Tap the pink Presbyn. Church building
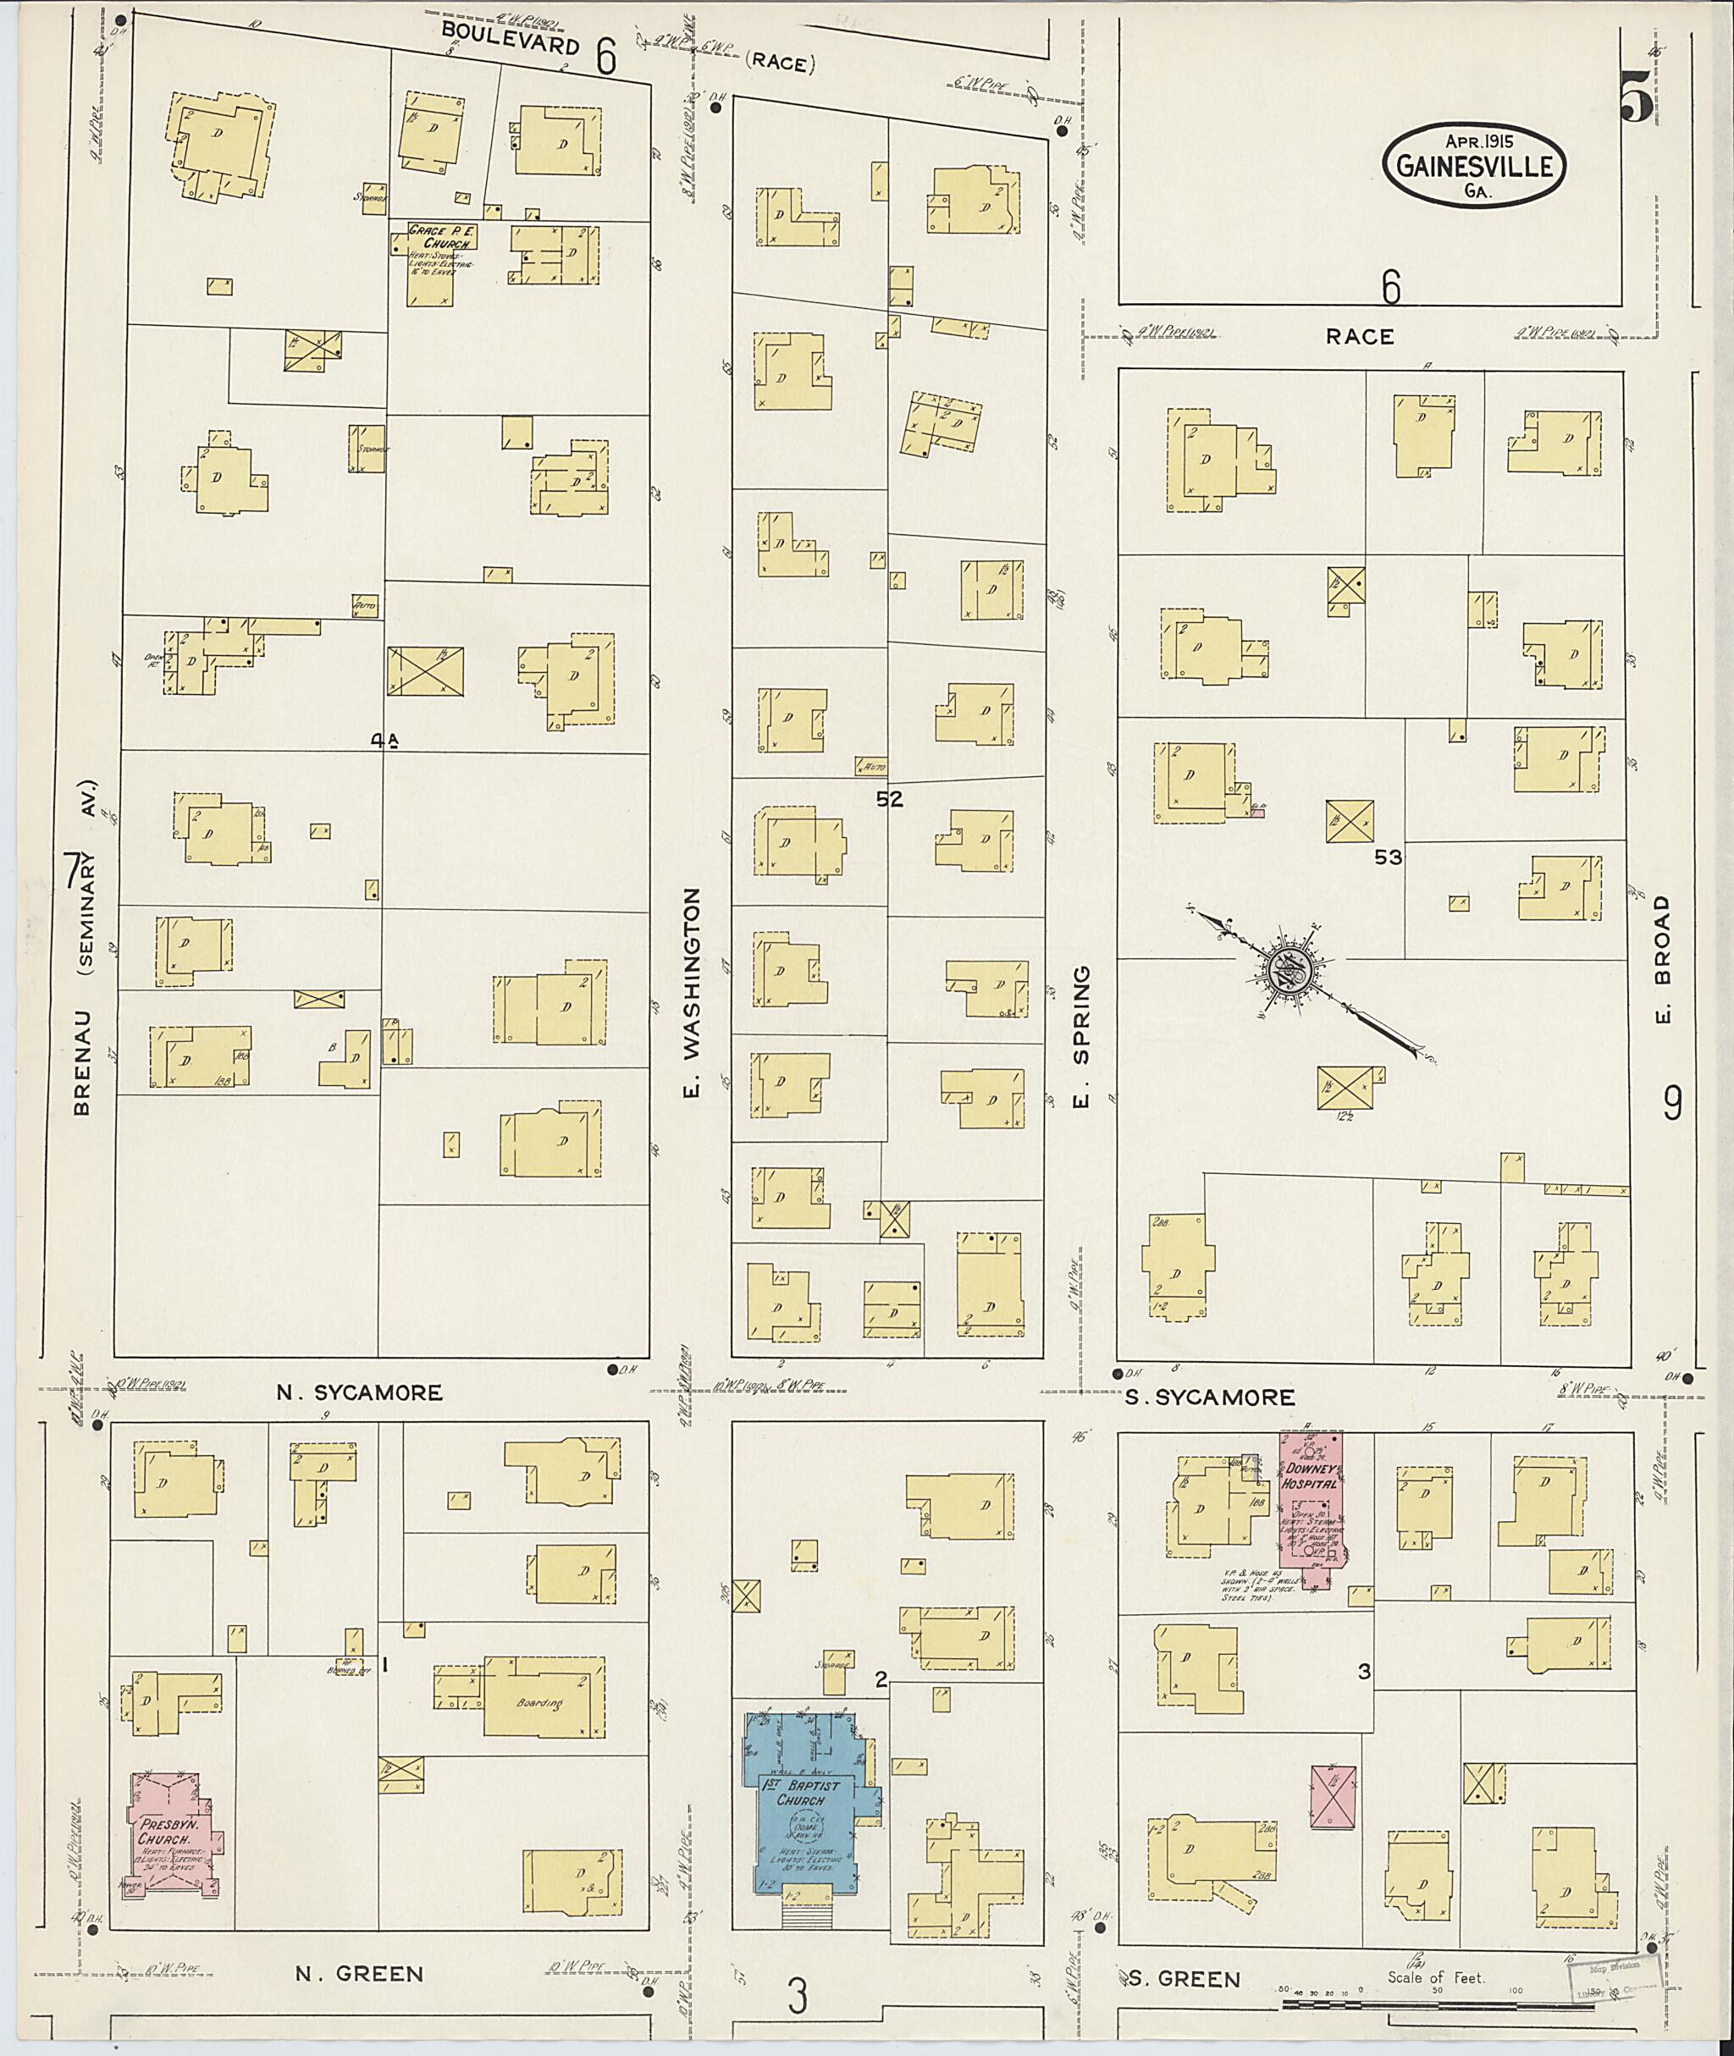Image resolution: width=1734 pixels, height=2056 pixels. tap(175, 1832)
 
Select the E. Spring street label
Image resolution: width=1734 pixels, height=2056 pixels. tap(1080, 1036)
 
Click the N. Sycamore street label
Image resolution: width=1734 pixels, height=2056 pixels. tap(359, 1392)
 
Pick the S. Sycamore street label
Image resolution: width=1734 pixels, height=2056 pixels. tap(1209, 1397)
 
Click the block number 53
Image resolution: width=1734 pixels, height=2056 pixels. tap(1388, 858)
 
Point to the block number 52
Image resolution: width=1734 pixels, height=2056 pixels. tap(889, 800)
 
